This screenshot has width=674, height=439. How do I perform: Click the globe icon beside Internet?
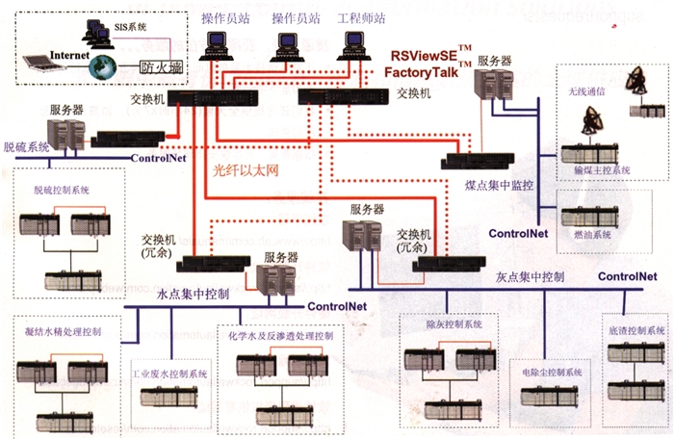coord(101,68)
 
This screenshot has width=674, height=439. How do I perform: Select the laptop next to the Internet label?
coord(40,65)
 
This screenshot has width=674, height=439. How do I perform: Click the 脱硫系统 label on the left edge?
coord(26,147)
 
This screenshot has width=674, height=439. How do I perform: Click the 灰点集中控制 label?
coord(524,276)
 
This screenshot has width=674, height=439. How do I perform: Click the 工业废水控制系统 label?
coord(169,373)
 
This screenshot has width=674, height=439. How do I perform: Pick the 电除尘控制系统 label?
coord(554,372)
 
